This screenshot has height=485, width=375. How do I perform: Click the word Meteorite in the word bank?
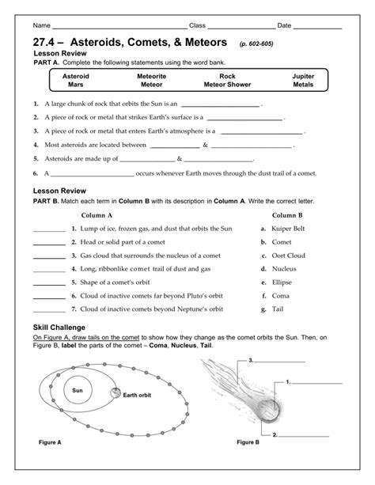pyautogui.click(x=150, y=77)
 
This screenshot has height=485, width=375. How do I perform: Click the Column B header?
pyautogui.click(x=288, y=214)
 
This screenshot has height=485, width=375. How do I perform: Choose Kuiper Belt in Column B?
pyautogui.click(x=290, y=229)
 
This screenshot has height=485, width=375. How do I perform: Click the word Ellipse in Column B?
pyautogui.click(x=282, y=281)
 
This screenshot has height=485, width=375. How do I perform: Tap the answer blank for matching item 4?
pyautogui.click(x=49, y=269)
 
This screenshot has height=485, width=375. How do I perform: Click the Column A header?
pyautogui.click(x=102, y=214)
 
